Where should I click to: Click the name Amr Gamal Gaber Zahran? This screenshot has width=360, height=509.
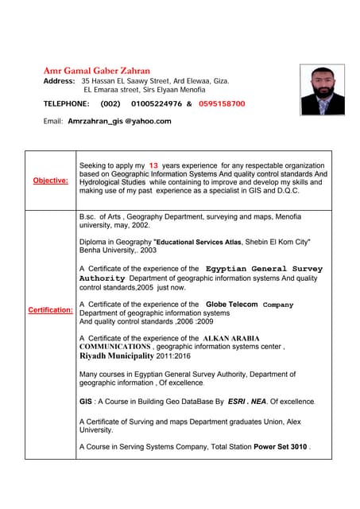(96, 71)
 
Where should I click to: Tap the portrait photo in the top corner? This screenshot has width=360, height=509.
(322, 90)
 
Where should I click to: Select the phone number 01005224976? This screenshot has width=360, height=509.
(157, 104)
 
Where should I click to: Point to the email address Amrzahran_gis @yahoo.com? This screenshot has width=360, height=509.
(119, 122)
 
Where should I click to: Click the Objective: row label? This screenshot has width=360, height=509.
(50, 181)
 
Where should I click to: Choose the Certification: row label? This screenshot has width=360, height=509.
(50, 309)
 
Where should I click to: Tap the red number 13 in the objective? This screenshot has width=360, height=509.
(154, 165)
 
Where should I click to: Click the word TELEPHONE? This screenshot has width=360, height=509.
(66, 104)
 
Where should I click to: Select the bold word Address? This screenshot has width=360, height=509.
(60, 82)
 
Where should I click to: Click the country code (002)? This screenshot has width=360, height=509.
(110, 104)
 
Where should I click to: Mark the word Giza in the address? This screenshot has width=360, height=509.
(222, 82)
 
